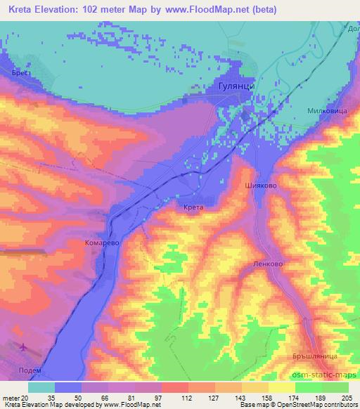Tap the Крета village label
pyautogui.click(x=190, y=208)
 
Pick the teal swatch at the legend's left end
pyautogui.click(x=41, y=387)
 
